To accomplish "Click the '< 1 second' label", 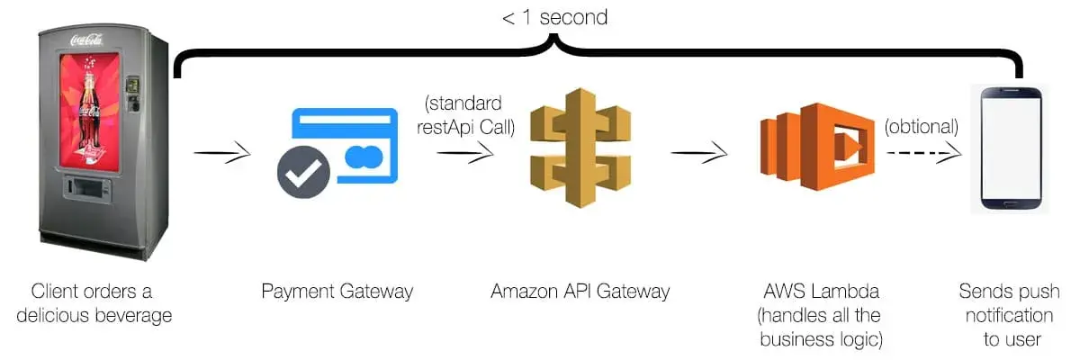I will (x=554, y=18).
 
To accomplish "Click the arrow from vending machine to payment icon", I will (x=221, y=154).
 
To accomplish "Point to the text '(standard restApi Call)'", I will (x=465, y=114).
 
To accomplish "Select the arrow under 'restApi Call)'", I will (x=465, y=154).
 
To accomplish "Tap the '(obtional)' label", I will (x=920, y=126).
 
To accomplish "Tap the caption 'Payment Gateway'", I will (x=337, y=292).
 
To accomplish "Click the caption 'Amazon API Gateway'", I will (x=580, y=292).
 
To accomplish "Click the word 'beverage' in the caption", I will (x=130, y=316).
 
